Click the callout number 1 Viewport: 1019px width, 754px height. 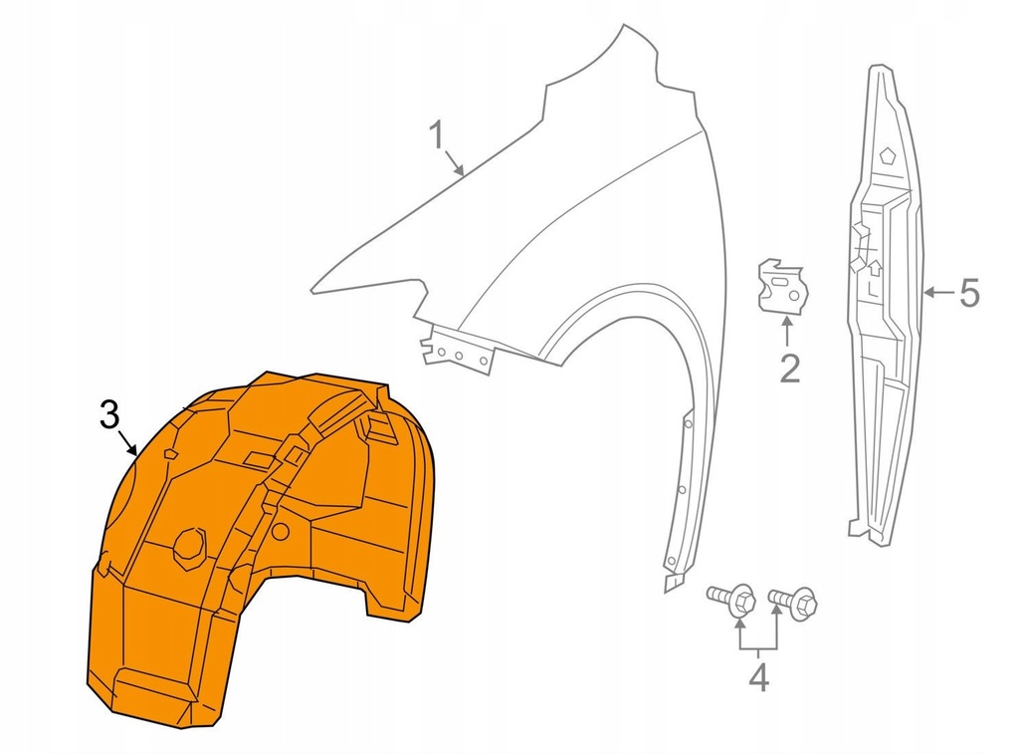436,134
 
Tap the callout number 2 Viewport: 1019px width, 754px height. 789,369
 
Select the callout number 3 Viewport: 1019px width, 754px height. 110,413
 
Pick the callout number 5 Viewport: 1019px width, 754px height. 969,293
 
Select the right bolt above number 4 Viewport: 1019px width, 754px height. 793,601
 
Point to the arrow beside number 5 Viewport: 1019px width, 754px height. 938,293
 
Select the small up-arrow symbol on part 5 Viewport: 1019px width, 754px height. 875,266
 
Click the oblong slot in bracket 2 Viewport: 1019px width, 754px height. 786,284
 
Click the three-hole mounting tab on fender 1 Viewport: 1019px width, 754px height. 457,351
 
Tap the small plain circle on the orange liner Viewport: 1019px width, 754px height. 282,532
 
